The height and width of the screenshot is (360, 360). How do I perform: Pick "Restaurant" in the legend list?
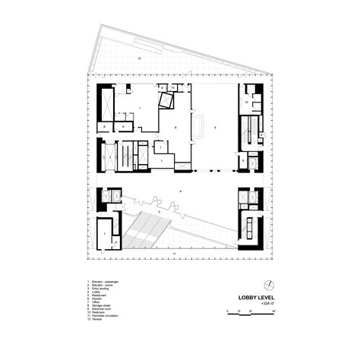click(98, 295)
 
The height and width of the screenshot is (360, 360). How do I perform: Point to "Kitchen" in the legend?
click(96, 298)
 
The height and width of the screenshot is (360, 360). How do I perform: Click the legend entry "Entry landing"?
click(99, 288)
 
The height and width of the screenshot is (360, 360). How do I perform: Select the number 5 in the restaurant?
click(216, 128)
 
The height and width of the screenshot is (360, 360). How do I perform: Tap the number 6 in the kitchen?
click(175, 128)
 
